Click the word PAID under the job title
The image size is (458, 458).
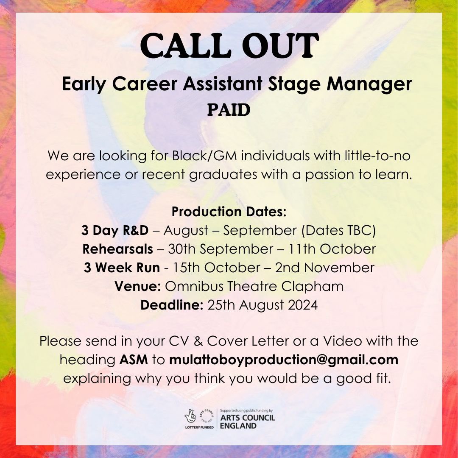tap(229, 110)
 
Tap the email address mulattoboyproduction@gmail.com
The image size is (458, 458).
tap(284, 360)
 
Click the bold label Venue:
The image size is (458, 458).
tap(137, 286)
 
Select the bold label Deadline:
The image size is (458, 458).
tap(172, 305)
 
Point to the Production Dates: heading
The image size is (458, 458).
tap(229, 211)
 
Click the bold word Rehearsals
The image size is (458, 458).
tap(117, 249)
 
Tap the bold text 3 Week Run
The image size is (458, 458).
tap(122, 268)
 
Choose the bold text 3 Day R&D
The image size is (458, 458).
tap(115, 230)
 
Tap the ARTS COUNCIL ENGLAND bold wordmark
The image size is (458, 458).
tap(248, 422)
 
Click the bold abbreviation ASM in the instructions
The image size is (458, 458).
tap(134, 360)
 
